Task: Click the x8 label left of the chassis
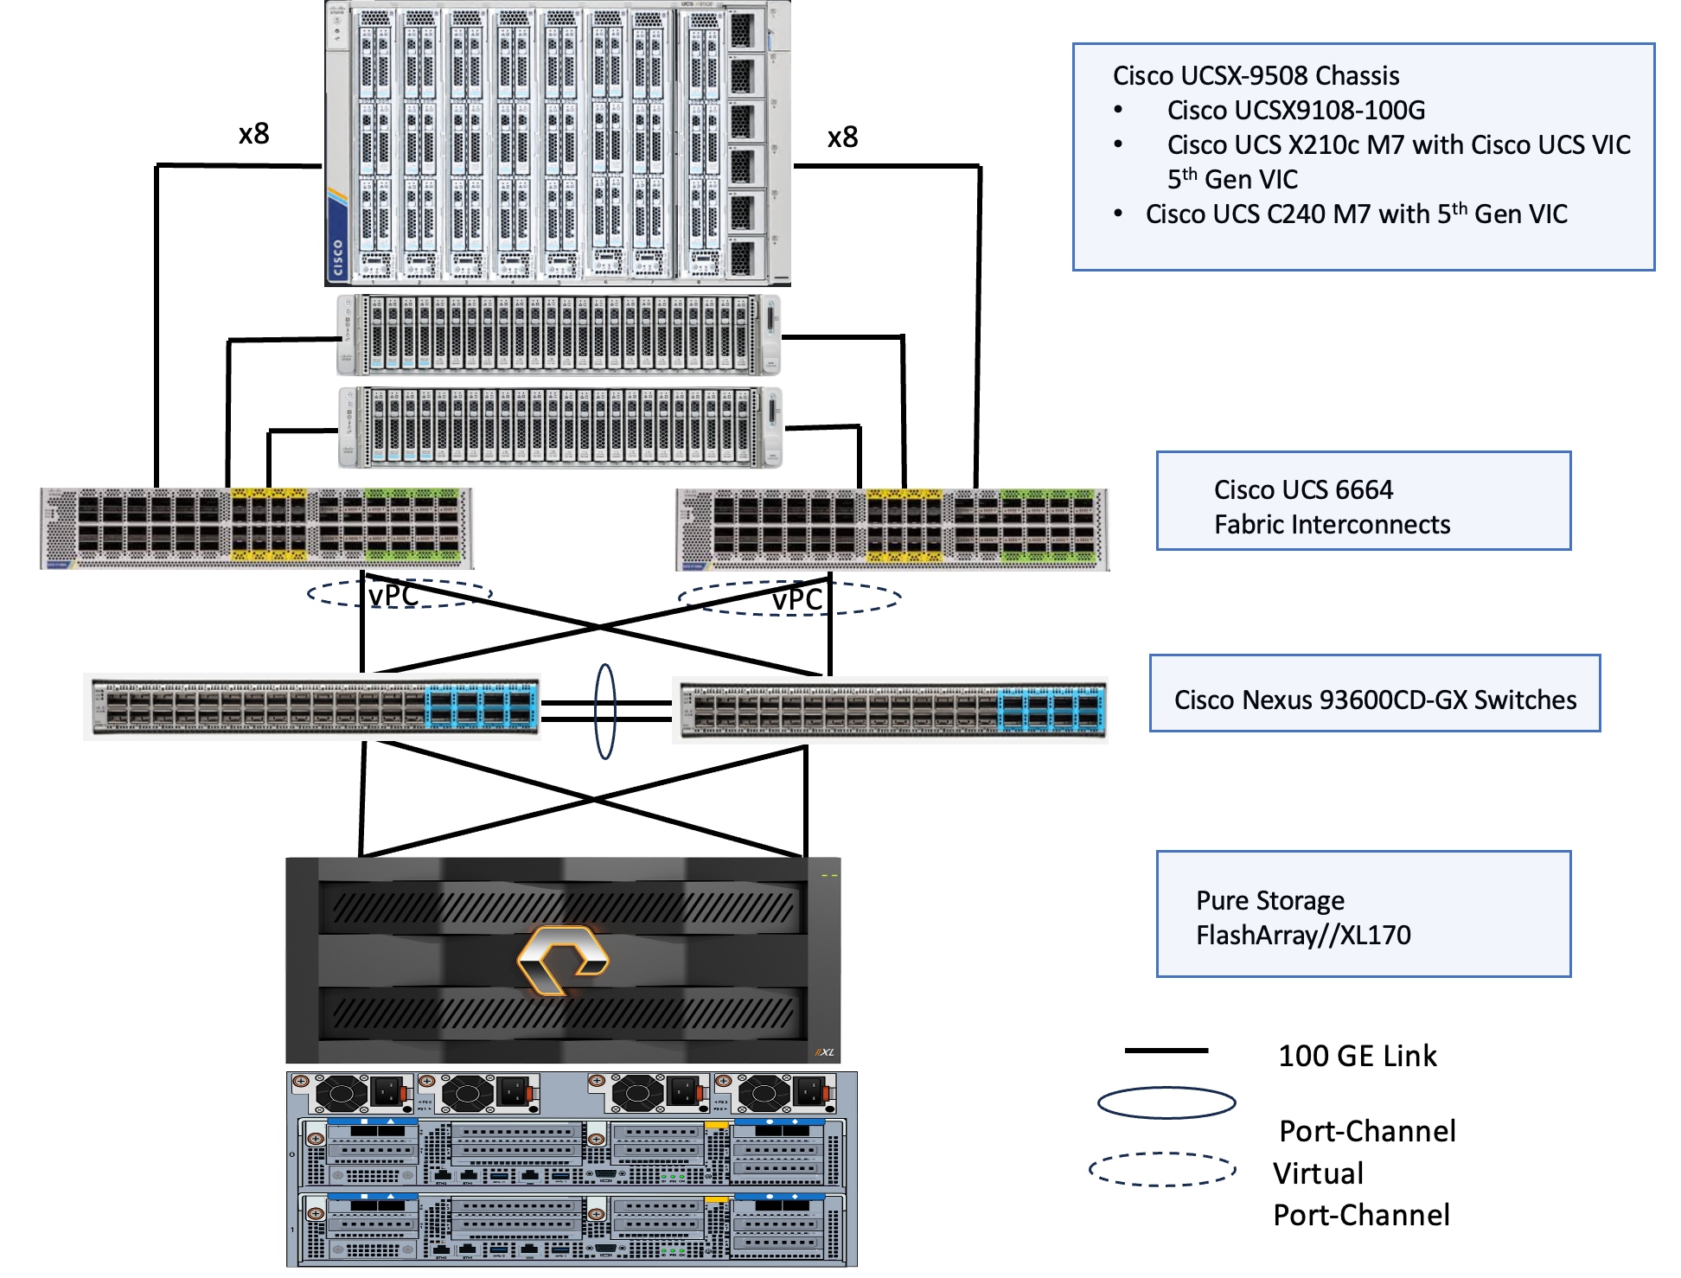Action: [254, 134]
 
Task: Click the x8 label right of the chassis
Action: [842, 137]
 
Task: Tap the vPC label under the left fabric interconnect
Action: [393, 596]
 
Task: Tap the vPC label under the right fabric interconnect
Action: [796, 599]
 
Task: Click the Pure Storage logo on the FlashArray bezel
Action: [562, 959]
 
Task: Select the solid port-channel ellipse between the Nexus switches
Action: [605, 711]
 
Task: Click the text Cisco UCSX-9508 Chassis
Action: [1256, 76]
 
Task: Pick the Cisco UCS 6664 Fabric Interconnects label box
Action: [1363, 501]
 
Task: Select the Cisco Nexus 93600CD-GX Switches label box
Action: [1374, 693]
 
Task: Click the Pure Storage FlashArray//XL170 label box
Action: [1363, 914]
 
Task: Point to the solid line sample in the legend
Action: [1166, 1051]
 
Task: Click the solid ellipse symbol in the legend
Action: [1166, 1102]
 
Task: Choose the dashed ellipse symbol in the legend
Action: [1162, 1169]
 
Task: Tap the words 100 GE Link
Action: [1357, 1056]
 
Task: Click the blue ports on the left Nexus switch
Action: [481, 706]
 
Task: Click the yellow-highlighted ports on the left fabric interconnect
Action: [269, 525]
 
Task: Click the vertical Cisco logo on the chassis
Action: [337, 258]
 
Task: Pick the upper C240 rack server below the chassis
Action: [559, 335]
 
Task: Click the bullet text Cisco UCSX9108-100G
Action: [1295, 111]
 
